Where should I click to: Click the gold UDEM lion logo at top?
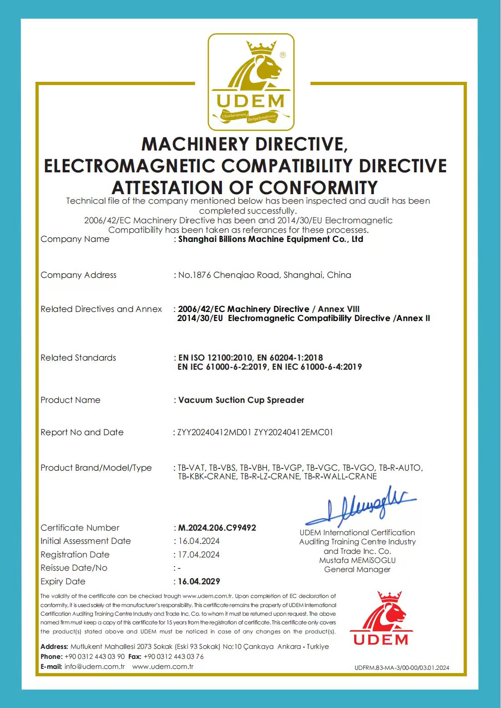(x=251, y=82)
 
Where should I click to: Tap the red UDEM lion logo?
(x=381, y=618)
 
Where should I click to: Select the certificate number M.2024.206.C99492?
(x=217, y=527)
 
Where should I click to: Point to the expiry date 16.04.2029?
(x=199, y=581)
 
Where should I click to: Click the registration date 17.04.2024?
(x=199, y=554)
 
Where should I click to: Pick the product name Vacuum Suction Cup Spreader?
(x=241, y=400)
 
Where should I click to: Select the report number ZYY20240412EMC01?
(x=293, y=432)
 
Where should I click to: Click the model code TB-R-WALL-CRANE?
(x=341, y=477)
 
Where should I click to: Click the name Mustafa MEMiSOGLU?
(x=357, y=560)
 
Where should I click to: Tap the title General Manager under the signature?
(x=357, y=569)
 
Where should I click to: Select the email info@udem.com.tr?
(x=95, y=667)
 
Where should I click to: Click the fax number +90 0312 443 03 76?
(x=174, y=657)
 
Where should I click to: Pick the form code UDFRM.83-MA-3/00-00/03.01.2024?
(x=402, y=668)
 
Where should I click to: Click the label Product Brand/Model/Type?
(x=96, y=468)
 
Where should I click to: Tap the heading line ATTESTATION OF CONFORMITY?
(x=245, y=187)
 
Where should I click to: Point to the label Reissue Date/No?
(x=74, y=568)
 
